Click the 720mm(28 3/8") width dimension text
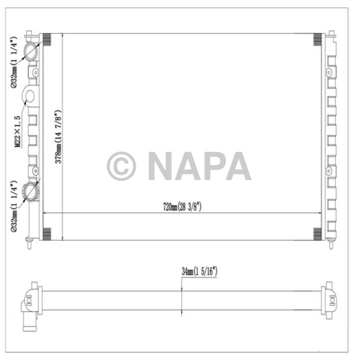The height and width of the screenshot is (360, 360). (182, 207)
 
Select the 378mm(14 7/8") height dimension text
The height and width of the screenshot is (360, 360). (59, 137)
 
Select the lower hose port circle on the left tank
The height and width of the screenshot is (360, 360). (33, 192)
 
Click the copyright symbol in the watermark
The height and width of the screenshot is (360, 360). (121, 166)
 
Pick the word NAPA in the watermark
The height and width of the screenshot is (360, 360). (199, 166)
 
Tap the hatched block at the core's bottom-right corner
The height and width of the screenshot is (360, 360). (318, 235)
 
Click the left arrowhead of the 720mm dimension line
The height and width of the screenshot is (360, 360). (44, 213)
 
